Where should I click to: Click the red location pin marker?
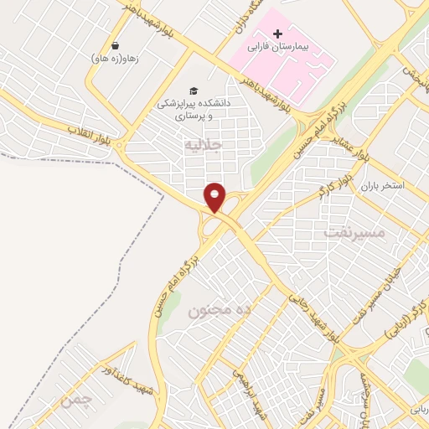(x=215, y=197)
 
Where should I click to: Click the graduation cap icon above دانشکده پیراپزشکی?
(x=194, y=90)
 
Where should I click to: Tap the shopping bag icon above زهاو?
(x=114, y=45)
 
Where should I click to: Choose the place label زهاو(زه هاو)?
(x=114, y=59)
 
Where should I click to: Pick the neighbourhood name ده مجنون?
(x=220, y=311)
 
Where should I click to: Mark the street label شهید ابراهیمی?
(x=249, y=384)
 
